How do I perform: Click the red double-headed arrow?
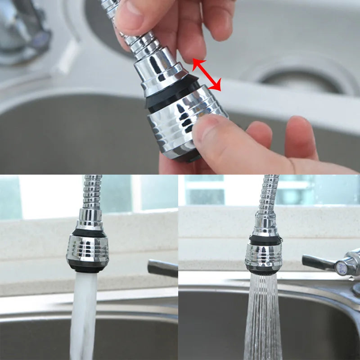click(x=207, y=75)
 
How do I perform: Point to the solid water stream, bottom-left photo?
click(x=84, y=315)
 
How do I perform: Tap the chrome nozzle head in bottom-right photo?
click(x=263, y=256)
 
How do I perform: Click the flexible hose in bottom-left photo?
click(x=92, y=191)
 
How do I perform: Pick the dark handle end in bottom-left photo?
click(x=162, y=268)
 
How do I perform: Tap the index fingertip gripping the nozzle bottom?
click(x=211, y=130)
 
